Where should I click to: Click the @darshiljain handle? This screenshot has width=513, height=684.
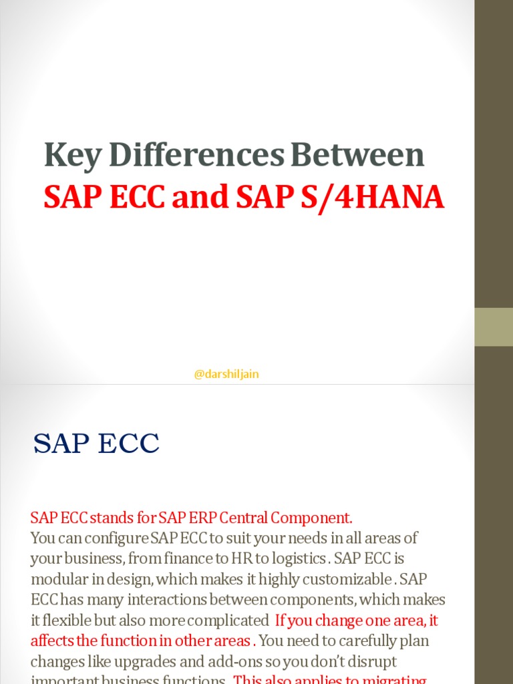(x=226, y=374)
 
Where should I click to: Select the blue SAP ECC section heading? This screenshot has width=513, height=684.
(x=97, y=444)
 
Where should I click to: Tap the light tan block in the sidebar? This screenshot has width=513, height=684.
(x=494, y=327)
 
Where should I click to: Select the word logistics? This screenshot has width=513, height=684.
(x=297, y=558)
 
